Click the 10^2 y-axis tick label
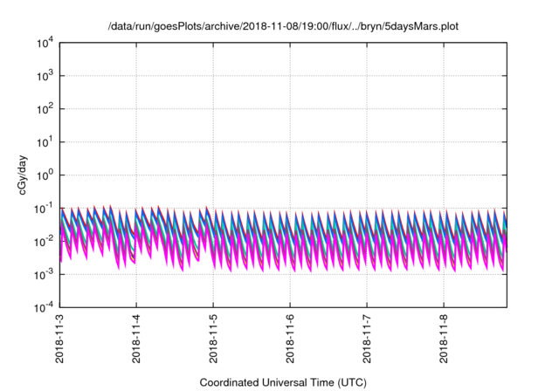click(x=44, y=109)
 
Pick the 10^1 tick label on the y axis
click(x=44, y=141)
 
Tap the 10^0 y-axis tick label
click(x=44, y=175)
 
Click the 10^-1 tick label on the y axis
click(x=43, y=208)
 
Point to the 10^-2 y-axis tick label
click(x=43, y=241)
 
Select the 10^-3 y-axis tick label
click(x=43, y=274)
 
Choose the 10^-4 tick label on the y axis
click(x=43, y=307)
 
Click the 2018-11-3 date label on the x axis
click(x=59, y=340)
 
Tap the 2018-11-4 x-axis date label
click(x=136, y=340)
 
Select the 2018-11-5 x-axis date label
click(x=213, y=340)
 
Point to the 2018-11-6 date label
click(x=290, y=340)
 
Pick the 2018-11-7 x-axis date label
click(x=367, y=340)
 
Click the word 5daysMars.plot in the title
click(x=423, y=26)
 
